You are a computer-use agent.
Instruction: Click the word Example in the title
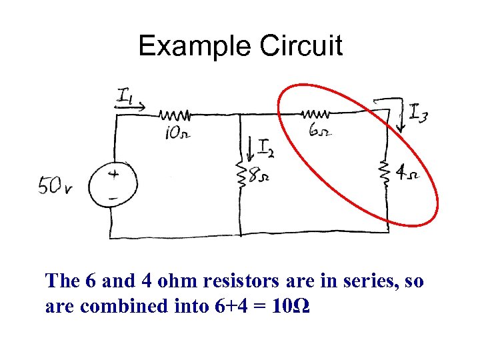coord(194,46)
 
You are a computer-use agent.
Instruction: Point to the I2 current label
coord(265,147)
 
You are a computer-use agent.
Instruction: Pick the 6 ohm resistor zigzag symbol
coord(318,111)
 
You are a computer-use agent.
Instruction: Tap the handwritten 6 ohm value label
coord(318,131)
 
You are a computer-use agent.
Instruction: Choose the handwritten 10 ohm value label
coord(177,133)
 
